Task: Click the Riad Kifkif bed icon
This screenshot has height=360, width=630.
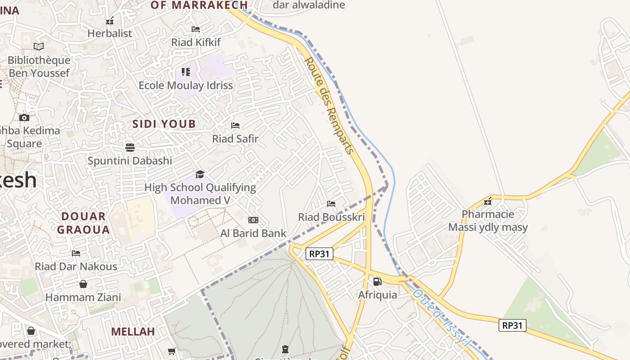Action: tap(196, 29)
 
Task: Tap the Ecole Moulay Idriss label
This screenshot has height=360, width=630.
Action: tap(186, 85)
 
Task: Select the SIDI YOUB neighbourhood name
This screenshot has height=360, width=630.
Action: tap(164, 124)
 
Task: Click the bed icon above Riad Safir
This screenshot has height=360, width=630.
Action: tap(235, 126)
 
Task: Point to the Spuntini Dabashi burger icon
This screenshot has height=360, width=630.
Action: tap(130, 147)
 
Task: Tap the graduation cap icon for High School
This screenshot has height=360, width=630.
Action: tap(200, 174)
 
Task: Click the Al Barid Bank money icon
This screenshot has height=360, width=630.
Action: tap(253, 220)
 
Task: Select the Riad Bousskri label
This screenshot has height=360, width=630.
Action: tap(332, 217)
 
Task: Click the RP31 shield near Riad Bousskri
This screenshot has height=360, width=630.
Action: tap(319, 254)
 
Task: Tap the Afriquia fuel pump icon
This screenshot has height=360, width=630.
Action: tap(377, 282)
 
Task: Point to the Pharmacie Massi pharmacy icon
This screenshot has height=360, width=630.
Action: tap(488, 201)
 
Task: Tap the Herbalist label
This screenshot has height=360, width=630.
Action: tap(110, 33)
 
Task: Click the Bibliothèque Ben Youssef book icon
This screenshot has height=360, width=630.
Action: tap(39, 46)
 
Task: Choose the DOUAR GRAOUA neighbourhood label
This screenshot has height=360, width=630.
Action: tap(84, 223)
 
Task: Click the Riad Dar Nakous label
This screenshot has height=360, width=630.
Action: tap(76, 266)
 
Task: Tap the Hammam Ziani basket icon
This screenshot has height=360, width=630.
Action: tap(83, 284)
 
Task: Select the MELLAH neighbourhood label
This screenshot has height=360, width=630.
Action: tap(133, 332)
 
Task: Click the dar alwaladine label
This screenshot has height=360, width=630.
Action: tap(309, 5)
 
